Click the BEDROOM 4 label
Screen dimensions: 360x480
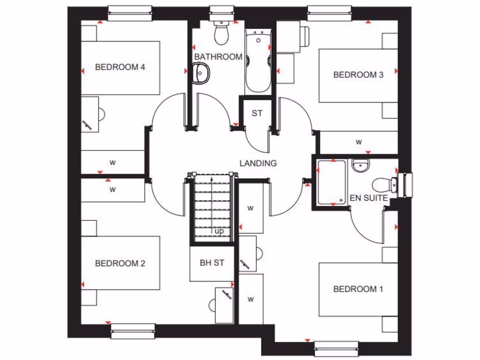[120, 67]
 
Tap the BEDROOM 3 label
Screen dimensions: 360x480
[358, 75]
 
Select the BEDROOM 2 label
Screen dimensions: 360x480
[120, 263]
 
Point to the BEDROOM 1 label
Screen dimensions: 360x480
[358, 289]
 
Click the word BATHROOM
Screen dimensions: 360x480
[218, 57]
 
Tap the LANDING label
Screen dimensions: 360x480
[258, 164]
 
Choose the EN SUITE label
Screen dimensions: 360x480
[369, 198]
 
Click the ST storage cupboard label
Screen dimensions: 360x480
[257, 113]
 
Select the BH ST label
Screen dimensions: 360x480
[212, 263]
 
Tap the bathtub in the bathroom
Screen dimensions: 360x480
[258, 60]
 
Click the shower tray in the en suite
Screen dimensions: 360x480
[331, 183]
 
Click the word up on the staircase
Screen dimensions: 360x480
[219, 231]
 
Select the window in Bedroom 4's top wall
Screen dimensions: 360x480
[130, 13]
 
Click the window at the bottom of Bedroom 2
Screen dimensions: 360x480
[133, 331]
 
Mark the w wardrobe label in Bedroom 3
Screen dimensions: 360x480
[359, 142]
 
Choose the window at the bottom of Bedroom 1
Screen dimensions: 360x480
[336, 348]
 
